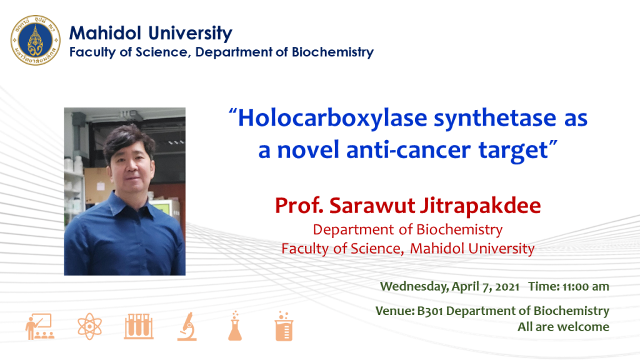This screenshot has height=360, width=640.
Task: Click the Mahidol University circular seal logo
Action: pyautogui.click(x=36, y=41)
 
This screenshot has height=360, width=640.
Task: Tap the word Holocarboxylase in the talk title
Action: pyautogui.click(x=332, y=118)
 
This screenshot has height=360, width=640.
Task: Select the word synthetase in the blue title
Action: pyautogui.click(x=495, y=118)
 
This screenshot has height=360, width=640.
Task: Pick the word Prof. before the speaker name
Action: pyautogui.click(x=299, y=206)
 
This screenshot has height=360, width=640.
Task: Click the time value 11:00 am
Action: pyautogui.click(x=586, y=286)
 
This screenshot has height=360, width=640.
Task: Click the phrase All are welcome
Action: pyautogui.click(x=563, y=327)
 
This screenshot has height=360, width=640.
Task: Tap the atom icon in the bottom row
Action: pyautogui.click(x=90, y=326)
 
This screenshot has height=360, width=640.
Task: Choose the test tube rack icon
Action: pyautogui.click(x=139, y=326)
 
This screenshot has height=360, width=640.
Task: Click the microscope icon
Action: pyautogui.click(x=187, y=326)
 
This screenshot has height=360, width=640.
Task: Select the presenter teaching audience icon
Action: pyautogui.click(x=39, y=326)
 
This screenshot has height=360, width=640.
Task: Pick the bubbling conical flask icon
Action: pyautogui.click(x=235, y=326)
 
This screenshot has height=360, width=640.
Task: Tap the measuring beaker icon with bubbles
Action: pyautogui.click(x=284, y=326)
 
